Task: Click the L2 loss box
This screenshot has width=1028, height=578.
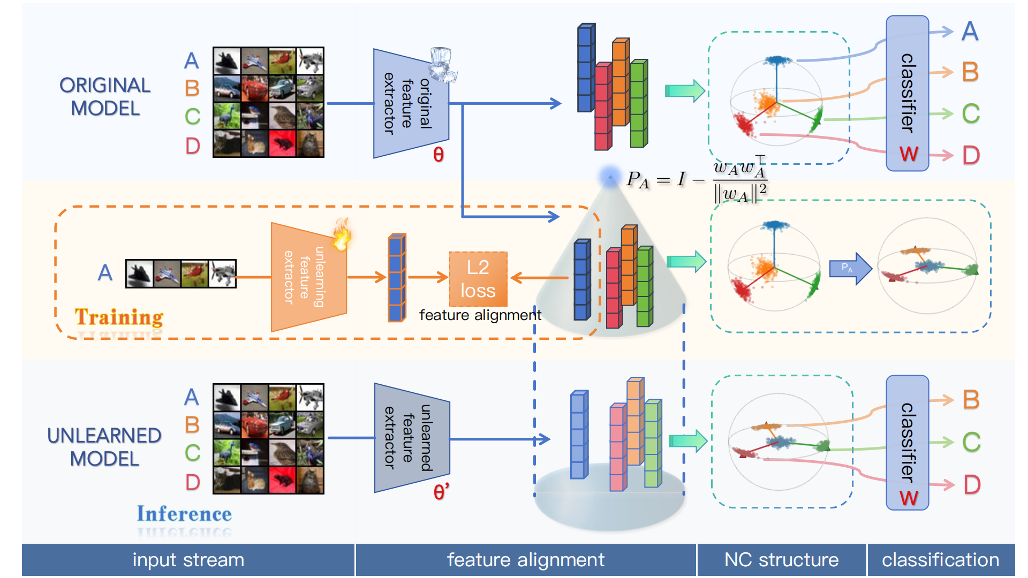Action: click(x=478, y=279)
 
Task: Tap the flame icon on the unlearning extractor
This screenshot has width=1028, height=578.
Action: click(x=341, y=235)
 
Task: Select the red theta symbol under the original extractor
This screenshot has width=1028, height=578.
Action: click(x=438, y=155)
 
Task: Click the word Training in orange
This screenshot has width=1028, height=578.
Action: click(x=119, y=317)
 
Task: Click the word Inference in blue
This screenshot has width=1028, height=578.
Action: click(x=184, y=514)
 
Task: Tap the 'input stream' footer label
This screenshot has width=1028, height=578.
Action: click(x=188, y=560)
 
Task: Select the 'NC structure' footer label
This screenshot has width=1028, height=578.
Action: click(x=781, y=560)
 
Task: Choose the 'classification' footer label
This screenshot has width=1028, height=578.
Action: click(x=940, y=560)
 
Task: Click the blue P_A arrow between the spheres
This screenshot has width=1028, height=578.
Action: click(x=850, y=268)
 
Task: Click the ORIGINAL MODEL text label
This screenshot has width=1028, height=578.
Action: click(x=105, y=97)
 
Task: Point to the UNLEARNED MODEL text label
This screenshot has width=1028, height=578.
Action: click(x=104, y=447)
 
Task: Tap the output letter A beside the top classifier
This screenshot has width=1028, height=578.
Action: click(x=970, y=32)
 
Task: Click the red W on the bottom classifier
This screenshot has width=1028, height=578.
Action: click(x=909, y=498)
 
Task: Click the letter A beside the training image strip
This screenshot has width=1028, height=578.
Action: click(x=105, y=273)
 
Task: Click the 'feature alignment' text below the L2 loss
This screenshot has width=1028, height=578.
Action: click(x=480, y=315)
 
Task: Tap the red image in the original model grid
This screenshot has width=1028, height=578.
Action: click(x=282, y=143)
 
